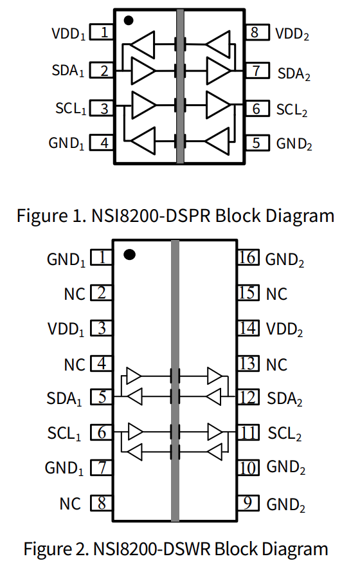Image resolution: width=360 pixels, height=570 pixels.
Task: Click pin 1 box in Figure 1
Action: point(102,32)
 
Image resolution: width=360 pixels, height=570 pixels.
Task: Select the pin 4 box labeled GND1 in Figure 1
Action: point(102,143)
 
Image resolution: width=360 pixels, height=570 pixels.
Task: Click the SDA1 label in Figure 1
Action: point(68,71)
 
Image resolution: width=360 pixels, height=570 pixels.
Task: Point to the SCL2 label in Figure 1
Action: point(292,110)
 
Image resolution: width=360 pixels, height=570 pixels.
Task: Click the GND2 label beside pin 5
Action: point(294,144)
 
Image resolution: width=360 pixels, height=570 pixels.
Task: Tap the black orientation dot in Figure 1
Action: point(129,21)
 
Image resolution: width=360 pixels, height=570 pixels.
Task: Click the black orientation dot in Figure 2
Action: point(129,255)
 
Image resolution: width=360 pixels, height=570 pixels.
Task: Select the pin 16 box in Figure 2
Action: point(249,257)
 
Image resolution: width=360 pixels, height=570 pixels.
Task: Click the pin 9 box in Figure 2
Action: point(249,503)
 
